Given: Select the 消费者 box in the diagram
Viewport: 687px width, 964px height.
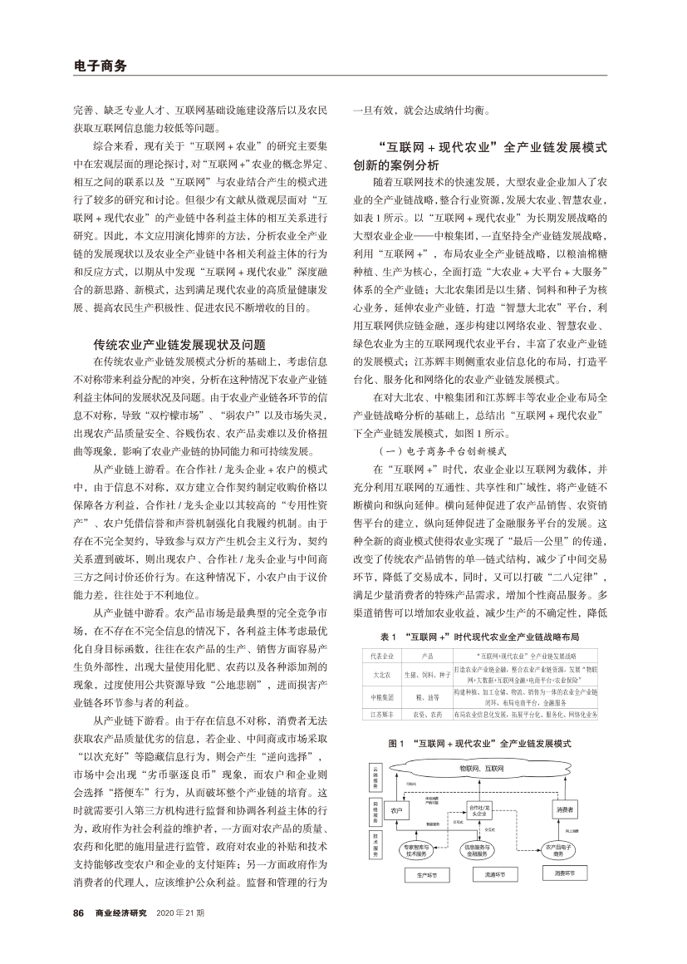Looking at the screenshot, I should (x=564, y=809).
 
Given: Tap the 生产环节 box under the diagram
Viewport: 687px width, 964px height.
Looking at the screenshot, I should (x=415, y=875).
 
